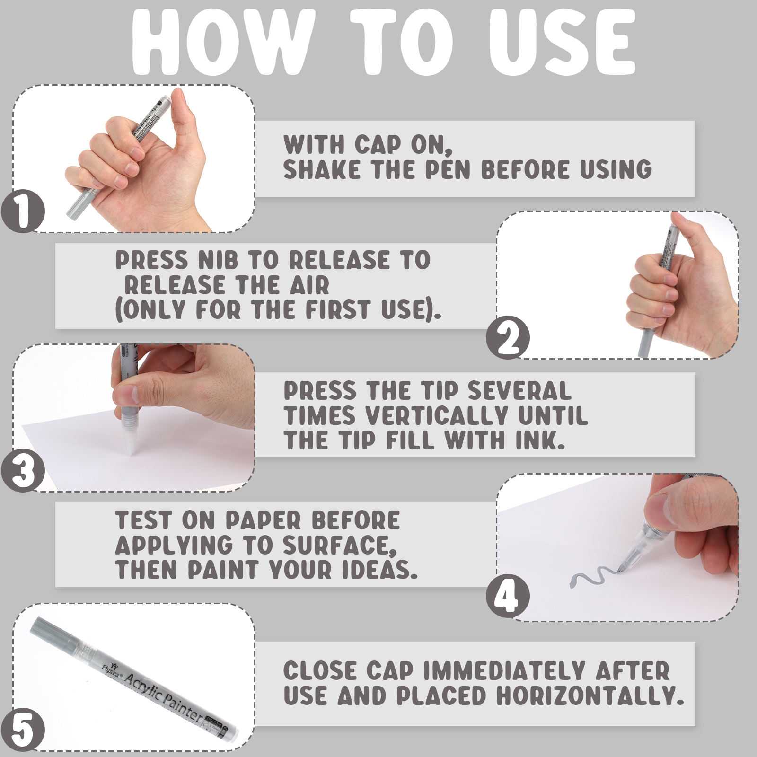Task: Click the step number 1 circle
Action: (x=23, y=211)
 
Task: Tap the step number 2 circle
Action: (x=508, y=337)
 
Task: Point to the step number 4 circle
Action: (x=508, y=596)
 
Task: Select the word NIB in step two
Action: (x=218, y=260)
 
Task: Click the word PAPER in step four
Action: (x=263, y=520)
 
